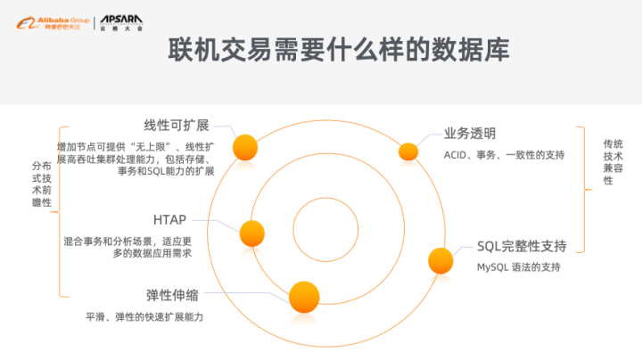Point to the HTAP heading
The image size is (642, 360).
pyautogui.click(x=169, y=219)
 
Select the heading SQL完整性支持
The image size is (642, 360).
pyautogui.click(x=522, y=245)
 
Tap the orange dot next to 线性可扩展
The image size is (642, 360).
pyautogui.click(x=245, y=146)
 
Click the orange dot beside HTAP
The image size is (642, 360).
pyautogui.click(x=252, y=233)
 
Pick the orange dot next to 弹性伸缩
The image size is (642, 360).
pyautogui.click(x=303, y=295)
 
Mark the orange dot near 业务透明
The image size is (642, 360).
pyautogui.click(x=407, y=151)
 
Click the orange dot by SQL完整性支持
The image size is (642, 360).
pyautogui.click(x=440, y=260)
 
